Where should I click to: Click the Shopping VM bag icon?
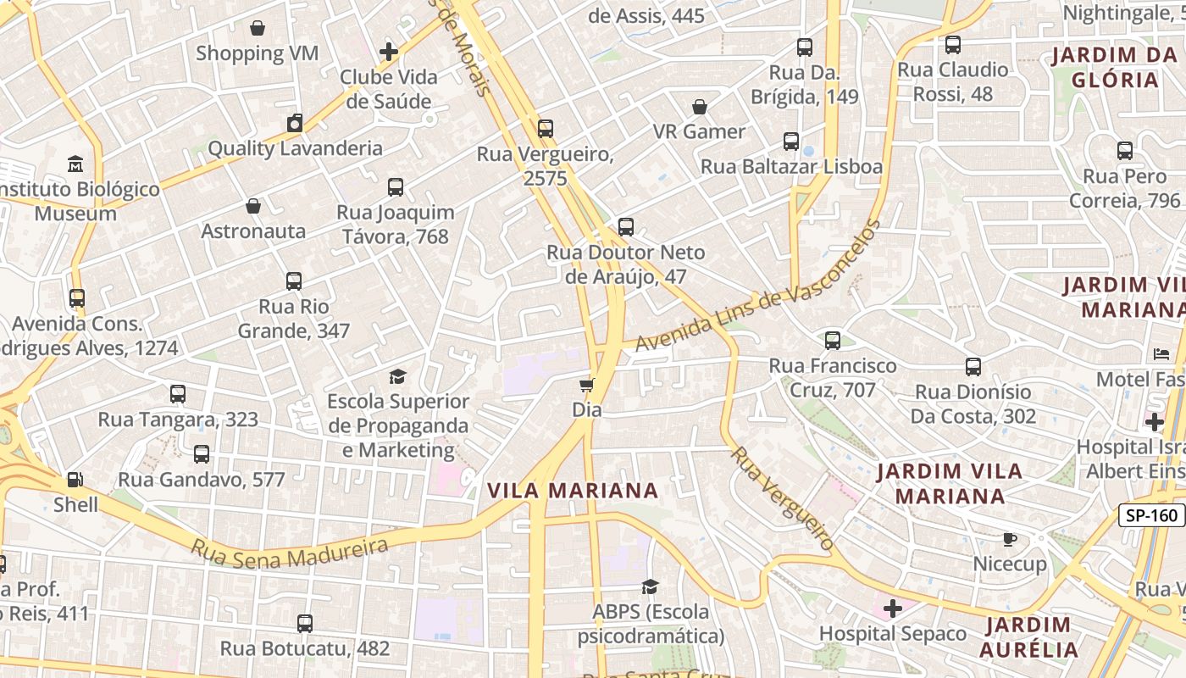tap(258, 28)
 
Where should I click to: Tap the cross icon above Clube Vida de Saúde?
tap(389, 52)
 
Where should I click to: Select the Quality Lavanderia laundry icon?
tap(294, 123)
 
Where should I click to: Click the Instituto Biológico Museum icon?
tap(75, 164)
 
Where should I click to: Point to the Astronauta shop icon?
tap(253, 206)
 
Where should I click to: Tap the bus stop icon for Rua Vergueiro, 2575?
tap(545, 129)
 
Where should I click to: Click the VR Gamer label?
tap(699, 131)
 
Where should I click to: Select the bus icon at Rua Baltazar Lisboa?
tap(791, 142)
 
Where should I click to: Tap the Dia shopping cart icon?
tap(586, 386)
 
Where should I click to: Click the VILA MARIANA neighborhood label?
tap(573, 490)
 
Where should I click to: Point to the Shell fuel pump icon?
tap(75, 480)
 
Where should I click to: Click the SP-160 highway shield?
tap(1151, 514)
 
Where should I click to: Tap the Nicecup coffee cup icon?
tap(1009, 539)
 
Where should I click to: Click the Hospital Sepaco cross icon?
tap(892, 609)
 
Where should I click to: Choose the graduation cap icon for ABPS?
tap(650, 586)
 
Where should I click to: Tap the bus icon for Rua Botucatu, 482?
tap(305, 624)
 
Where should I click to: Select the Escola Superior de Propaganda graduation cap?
tap(397, 376)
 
